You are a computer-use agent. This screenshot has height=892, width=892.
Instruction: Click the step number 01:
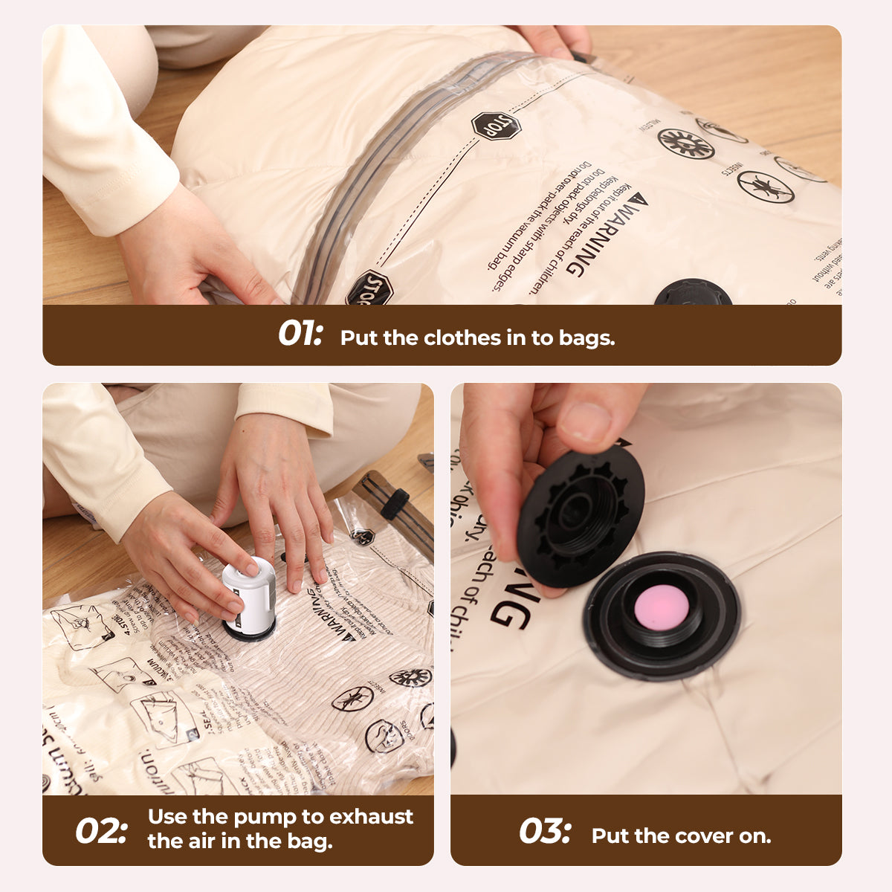[x=300, y=334]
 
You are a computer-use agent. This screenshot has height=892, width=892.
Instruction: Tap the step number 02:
[x=101, y=830]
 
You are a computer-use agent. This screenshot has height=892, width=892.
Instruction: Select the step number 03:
[x=545, y=830]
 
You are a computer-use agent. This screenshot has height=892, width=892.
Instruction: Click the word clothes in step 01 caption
[x=462, y=338]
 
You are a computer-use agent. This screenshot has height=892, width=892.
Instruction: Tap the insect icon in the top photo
[x=766, y=186]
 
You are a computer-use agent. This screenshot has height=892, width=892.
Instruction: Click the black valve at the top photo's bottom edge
[x=693, y=294]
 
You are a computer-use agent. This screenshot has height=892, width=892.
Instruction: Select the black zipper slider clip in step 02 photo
[x=395, y=503]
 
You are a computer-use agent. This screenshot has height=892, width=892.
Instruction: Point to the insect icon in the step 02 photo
[x=352, y=698]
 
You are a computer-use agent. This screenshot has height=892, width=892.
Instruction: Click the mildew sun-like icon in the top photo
[x=685, y=143]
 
